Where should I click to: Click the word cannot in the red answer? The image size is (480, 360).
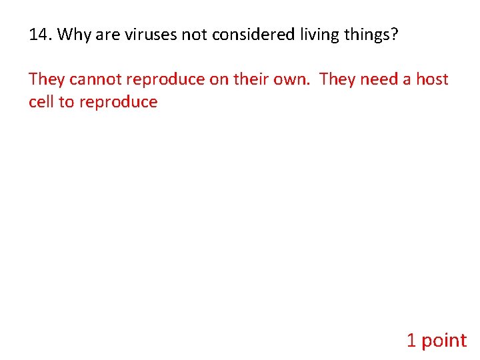[x=95, y=79]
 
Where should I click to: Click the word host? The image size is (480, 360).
[x=432, y=79]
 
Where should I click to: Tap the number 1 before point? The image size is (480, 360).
[x=411, y=341]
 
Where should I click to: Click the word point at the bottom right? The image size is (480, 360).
[x=444, y=341]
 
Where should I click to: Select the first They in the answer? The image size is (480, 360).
[x=47, y=79]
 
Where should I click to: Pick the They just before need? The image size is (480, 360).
[x=337, y=79]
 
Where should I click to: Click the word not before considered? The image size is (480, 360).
[x=194, y=35]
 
